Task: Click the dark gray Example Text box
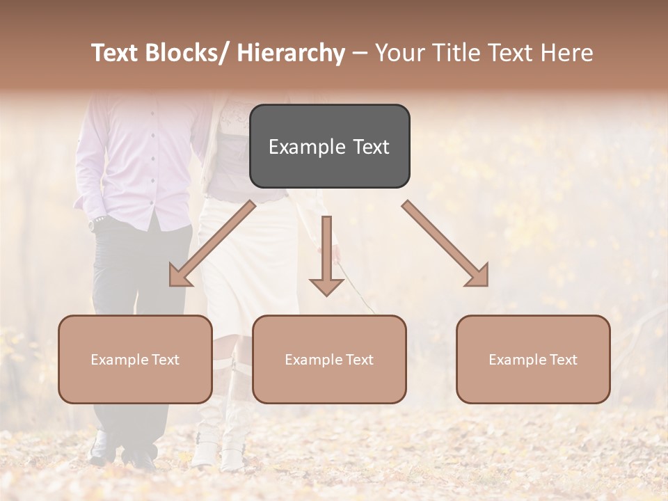pyautogui.click(x=329, y=146)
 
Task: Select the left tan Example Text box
pyautogui.click(x=135, y=359)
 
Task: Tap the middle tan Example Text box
pyautogui.click(x=329, y=359)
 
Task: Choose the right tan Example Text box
pyautogui.click(x=533, y=359)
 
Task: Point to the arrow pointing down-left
pyautogui.click(x=212, y=244)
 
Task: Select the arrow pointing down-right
pyautogui.click(x=445, y=244)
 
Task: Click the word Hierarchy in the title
pyautogui.click(x=291, y=53)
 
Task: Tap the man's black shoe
pyautogui.click(x=138, y=456)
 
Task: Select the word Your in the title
pyautogui.click(x=398, y=53)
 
